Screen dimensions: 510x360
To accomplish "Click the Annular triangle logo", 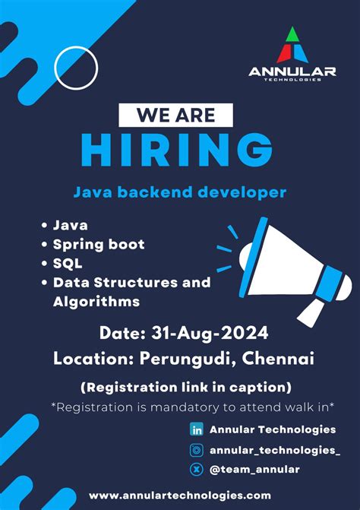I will pos(292,45).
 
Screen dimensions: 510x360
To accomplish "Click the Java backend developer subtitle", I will pos(179,192).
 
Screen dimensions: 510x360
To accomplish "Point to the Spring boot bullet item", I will pos(98,245).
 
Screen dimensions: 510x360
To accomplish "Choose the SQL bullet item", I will pos(68,263).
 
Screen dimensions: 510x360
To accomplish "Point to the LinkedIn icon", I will pos(197,429).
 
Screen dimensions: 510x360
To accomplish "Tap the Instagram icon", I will pos(197,449).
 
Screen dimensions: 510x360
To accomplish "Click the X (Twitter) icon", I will pos(197,469).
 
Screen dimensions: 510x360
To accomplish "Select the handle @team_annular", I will pos(256,469).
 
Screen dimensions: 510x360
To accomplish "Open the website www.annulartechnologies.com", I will pos(179,495).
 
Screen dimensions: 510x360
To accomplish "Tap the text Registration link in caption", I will pos(186,386).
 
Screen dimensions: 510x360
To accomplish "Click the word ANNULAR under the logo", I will pos(292,72).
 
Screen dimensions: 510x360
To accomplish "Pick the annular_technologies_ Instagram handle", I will pos(275,449).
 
